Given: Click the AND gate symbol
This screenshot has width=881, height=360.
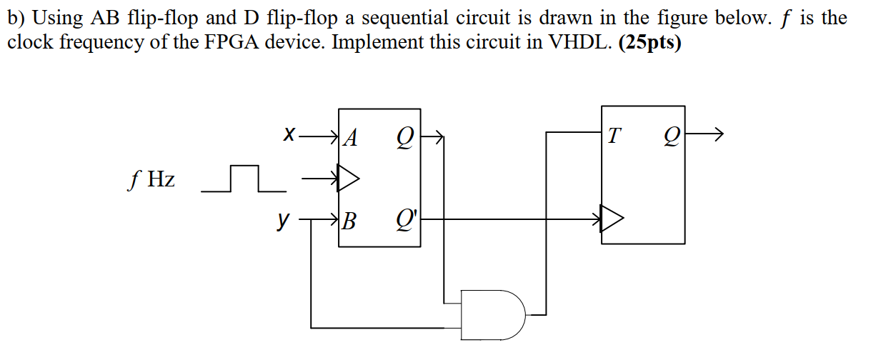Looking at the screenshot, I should (494, 313).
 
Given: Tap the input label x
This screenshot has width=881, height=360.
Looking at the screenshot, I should (289, 134).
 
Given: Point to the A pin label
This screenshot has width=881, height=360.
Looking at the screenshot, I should (350, 135).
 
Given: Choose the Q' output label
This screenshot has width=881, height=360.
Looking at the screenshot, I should (407, 221).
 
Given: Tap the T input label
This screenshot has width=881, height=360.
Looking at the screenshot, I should (614, 134).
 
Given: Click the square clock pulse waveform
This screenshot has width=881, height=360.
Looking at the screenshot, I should (244, 179).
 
